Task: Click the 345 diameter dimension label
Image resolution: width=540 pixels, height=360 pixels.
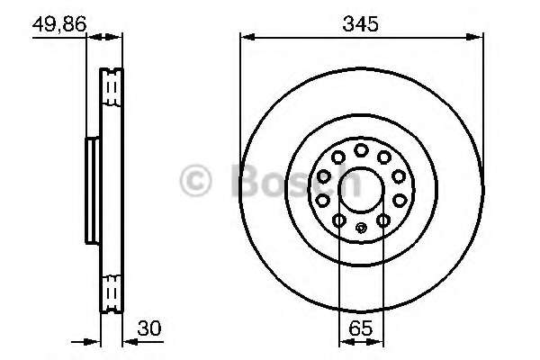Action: point(360,23)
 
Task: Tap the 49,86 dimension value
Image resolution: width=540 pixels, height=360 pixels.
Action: point(59,24)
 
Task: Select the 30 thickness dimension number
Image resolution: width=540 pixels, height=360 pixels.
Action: point(148,328)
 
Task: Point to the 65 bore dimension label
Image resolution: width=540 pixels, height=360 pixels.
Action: point(361,328)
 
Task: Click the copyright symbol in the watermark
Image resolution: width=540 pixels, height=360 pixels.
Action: point(195,180)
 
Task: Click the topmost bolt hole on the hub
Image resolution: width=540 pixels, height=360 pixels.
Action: point(361,150)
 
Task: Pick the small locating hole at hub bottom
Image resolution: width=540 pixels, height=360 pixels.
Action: point(361,228)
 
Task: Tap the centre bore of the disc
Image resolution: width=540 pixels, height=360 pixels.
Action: point(361,190)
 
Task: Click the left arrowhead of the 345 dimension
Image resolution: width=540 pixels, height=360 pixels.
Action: point(247,37)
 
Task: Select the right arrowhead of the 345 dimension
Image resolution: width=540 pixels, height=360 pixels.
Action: point(475,37)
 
